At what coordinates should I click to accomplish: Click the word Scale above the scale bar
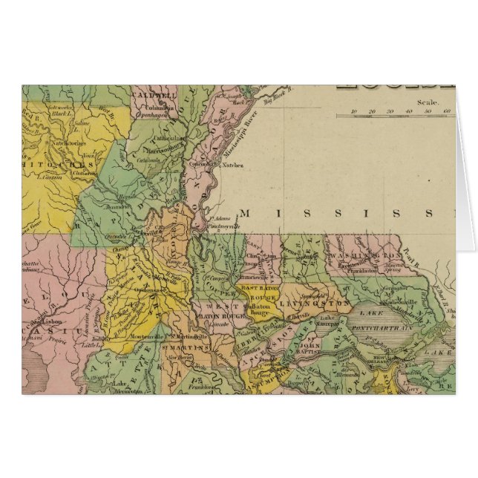pos(428,103)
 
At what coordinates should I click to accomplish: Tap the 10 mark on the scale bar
pos(355,111)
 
